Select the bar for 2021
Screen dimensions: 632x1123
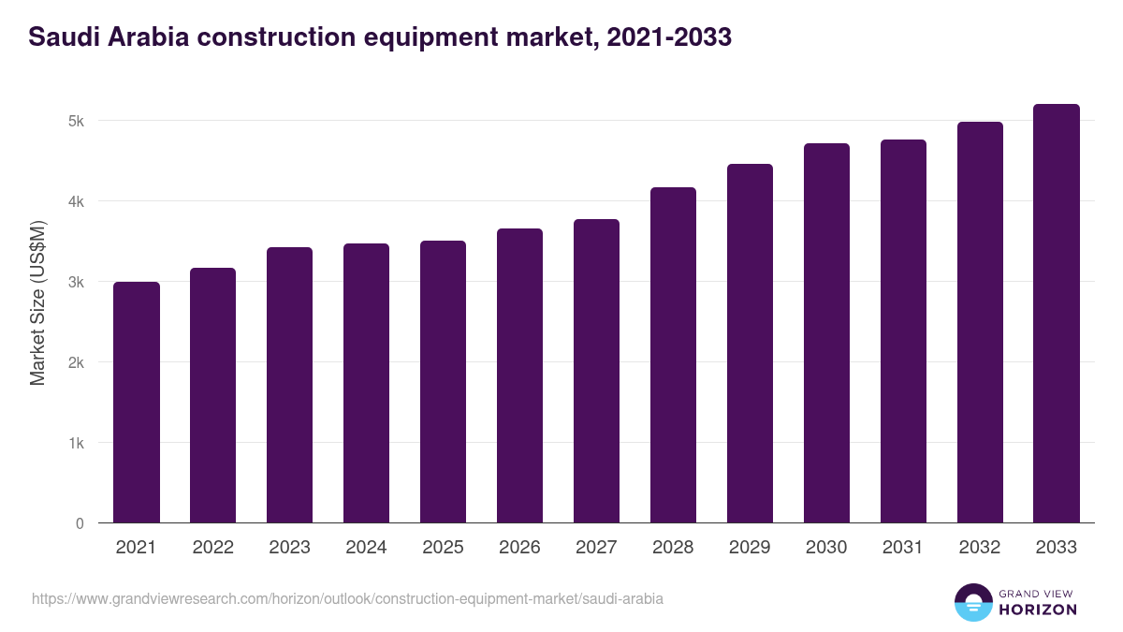click(x=137, y=403)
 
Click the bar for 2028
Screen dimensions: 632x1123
click(x=674, y=356)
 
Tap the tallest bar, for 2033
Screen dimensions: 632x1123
click(x=1057, y=314)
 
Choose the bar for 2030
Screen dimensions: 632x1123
click(x=826, y=333)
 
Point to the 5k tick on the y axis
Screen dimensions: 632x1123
click(x=76, y=121)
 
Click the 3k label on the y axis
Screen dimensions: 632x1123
click(x=76, y=282)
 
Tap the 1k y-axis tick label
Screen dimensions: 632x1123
click(x=76, y=443)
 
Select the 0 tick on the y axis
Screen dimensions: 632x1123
click(x=80, y=523)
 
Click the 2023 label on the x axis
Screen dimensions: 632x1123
click(x=289, y=548)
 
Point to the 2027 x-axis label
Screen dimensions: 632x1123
click(x=596, y=548)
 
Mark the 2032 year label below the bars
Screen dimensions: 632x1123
click(x=980, y=548)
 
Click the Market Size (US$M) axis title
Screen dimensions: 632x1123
click(x=37, y=301)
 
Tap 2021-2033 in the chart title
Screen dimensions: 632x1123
click(x=669, y=37)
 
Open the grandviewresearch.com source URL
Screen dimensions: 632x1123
click(x=347, y=598)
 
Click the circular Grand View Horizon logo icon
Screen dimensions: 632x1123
click(x=973, y=602)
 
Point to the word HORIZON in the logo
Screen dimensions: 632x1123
click(x=1038, y=610)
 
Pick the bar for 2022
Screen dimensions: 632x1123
click(x=213, y=395)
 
